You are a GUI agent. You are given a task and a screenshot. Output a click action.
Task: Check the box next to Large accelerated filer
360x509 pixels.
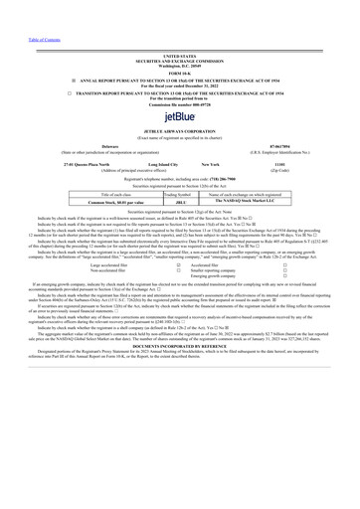click(178, 265)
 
